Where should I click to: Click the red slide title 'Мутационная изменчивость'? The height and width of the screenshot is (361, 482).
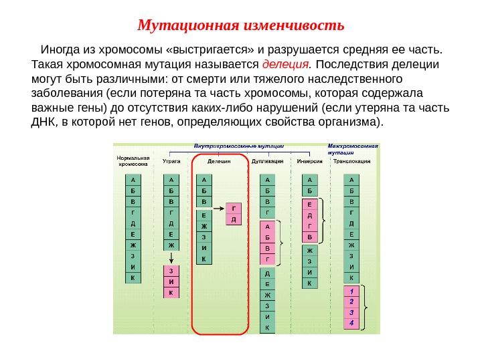tap(240, 26)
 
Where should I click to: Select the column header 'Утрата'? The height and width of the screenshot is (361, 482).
tap(171, 161)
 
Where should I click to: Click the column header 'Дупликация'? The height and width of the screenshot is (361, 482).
tap(266, 161)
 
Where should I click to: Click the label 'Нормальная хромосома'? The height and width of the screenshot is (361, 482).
tap(132, 160)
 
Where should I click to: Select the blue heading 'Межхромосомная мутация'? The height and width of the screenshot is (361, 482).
tap(353, 148)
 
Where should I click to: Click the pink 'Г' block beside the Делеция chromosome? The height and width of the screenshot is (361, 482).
tap(234, 207)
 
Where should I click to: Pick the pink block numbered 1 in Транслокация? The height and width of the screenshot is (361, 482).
tap(351, 292)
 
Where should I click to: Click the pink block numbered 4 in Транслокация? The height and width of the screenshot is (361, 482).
tap(351, 324)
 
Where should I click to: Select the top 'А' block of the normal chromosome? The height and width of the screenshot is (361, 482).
tap(133, 179)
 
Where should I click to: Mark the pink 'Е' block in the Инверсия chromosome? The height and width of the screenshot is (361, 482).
tap(309, 204)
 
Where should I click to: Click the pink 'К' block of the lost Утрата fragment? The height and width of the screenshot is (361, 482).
tap(170, 292)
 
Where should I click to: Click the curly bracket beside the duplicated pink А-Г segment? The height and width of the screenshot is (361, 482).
tap(282, 241)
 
